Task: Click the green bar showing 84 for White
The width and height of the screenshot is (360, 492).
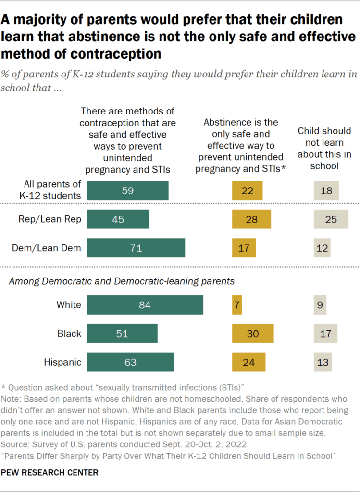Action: click(145, 305)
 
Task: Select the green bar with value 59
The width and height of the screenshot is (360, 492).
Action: click(128, 190)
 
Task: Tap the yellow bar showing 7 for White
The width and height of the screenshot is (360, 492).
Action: click(237, 305)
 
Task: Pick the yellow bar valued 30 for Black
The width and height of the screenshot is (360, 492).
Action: click(253, 334)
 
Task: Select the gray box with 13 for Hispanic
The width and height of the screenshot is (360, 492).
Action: click(323, 362)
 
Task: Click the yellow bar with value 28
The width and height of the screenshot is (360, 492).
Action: click(251, 219)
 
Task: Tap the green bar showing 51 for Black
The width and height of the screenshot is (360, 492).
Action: click(123, 334)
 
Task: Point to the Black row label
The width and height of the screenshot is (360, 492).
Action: click(69, 334)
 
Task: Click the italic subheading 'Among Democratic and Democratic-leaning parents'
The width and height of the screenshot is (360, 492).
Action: click(122, 281)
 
